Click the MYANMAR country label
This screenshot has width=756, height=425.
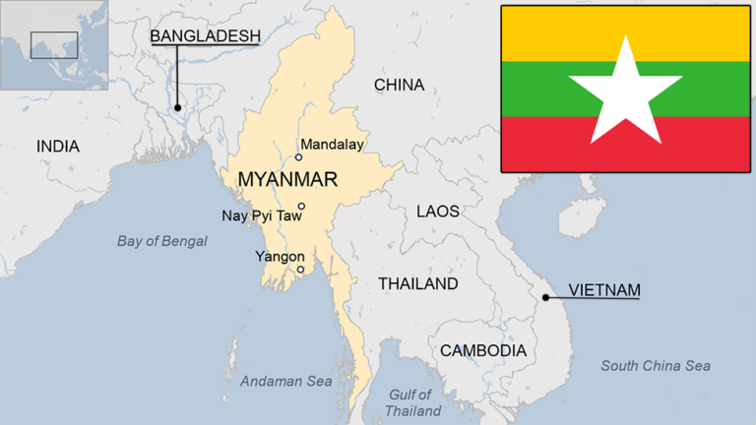coord(287,180)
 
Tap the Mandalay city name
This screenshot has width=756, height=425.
coord(332,145)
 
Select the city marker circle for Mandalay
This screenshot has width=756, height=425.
coord(299,157)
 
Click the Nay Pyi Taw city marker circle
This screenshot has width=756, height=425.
coord(301,207)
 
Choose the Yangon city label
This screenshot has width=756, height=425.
coord(280,256)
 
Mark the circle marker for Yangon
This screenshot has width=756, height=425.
coord(300,270)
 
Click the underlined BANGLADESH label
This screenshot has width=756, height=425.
coord(205,36)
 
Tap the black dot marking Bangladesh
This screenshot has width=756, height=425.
coord(178,107)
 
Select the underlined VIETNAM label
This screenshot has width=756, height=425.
coord(604,290)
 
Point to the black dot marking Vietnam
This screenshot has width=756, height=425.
coord(545,296)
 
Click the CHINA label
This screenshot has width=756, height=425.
coord(399,86)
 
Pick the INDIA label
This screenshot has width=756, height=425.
coord(58,147)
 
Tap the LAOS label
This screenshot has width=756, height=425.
coord(437,211)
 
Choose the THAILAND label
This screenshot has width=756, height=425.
coord(418,283)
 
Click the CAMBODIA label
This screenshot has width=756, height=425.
coord(482,350)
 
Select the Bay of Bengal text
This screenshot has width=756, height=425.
coord(162,241)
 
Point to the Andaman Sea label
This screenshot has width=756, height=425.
coord(286,381)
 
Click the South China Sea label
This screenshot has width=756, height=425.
coord(656,366)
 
